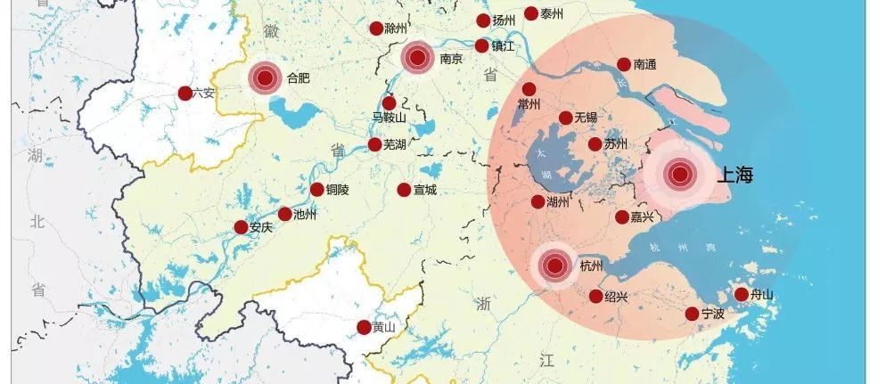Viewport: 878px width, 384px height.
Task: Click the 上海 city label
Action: tap(734, 176)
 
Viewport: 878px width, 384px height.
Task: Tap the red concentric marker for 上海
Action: tap(680, 175)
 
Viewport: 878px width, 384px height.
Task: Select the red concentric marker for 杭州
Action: tap(554, 265)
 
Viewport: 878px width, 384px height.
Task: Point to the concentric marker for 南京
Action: tap(416, 59)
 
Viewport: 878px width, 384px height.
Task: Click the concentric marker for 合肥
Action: tap(264, 78)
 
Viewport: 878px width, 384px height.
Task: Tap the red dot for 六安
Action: tap(185, 93)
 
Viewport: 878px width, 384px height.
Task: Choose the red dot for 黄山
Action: tap(364, 327)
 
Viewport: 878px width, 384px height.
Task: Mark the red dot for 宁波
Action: tap(692, 314)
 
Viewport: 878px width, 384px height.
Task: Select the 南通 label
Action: tap(645, 65)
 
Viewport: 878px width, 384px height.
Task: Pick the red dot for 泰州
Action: tap(530, 13)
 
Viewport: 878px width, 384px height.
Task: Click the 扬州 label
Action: tap(505, 20)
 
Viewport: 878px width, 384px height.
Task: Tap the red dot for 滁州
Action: tap(376, 29)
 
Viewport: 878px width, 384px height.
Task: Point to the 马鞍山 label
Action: tap(390, 118)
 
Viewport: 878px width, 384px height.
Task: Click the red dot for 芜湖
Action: tap(375, 144)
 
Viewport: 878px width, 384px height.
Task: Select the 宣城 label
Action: tap(425, 190)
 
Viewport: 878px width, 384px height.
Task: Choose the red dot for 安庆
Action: tap(241, 227)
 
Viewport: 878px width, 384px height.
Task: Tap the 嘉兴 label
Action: tap(644, 217)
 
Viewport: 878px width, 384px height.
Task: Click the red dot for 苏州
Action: tap(595, 144)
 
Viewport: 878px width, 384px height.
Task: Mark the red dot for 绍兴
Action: tap(595, 296)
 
